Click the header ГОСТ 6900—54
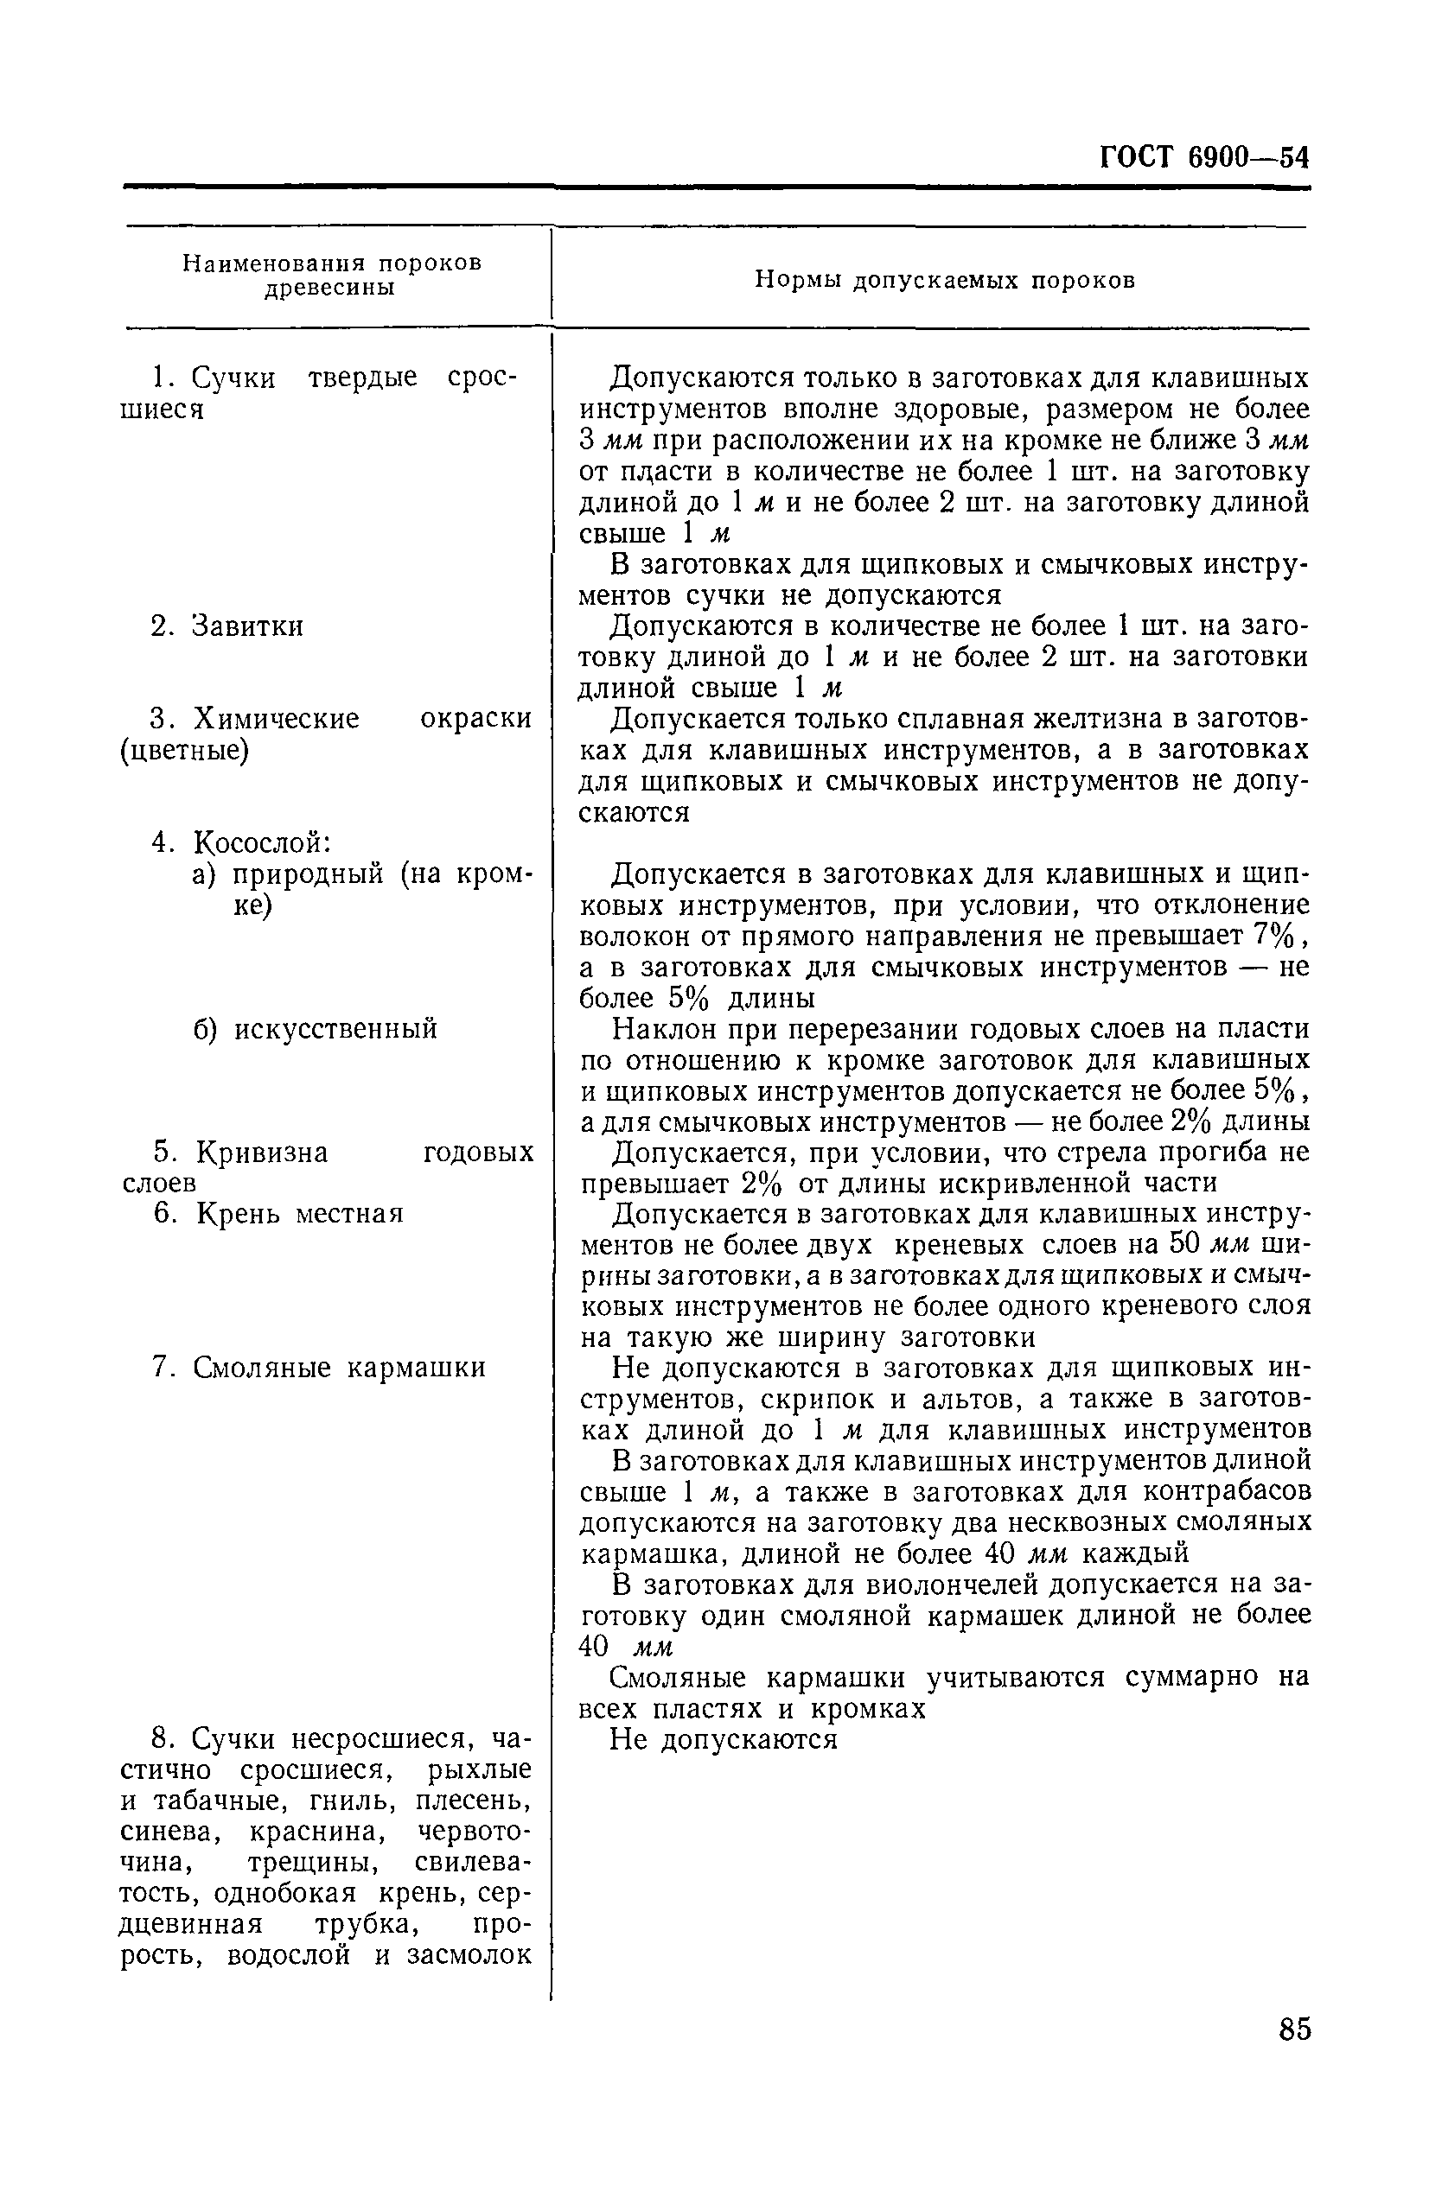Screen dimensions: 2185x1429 [x=1204, y=158]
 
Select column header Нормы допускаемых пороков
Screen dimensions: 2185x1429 [x=944, y=280]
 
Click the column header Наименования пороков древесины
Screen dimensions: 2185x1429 [x=332, y=276]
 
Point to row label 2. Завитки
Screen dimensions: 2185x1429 [x=226, y=626]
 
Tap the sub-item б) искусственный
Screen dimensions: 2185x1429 [x=315, y=1028]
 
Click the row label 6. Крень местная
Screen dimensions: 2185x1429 [x=278, y=1214]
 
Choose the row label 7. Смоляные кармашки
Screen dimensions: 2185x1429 [x=319, y=1368]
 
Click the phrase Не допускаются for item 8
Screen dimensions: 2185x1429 [x=724, y=1740]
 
